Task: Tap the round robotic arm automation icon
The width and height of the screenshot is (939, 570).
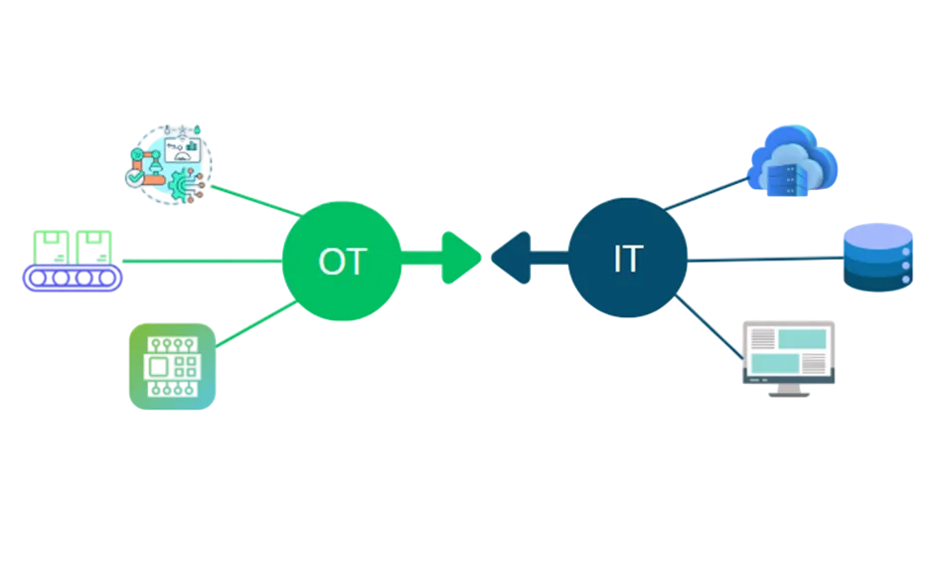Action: click(x=169, y=162)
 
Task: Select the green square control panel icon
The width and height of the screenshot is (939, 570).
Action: click(x=173, y=366)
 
